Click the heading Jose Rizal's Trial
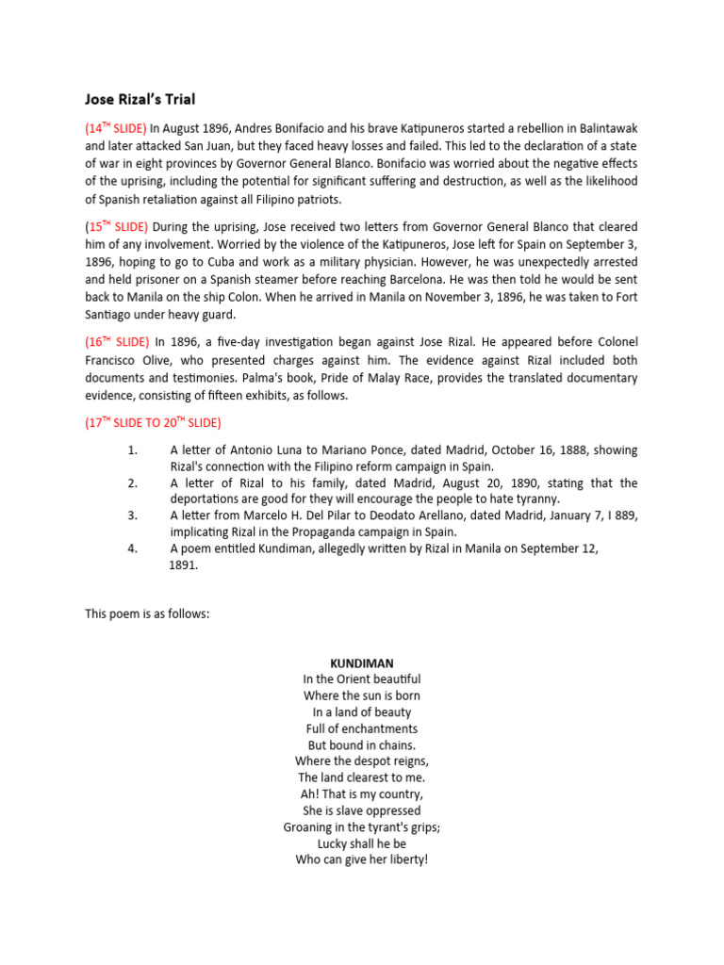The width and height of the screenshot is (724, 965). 140,99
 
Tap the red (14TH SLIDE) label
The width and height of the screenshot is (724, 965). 115,127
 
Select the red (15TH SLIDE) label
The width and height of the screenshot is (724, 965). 115,227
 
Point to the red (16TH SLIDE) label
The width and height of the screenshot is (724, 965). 116,344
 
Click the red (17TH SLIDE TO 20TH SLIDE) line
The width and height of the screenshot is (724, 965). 153,423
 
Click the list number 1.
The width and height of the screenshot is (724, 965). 133,450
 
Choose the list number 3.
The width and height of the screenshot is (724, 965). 133,515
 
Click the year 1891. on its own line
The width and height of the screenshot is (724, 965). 183,565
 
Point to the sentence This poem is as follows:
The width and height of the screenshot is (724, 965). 147,613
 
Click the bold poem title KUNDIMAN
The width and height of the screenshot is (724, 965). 362,663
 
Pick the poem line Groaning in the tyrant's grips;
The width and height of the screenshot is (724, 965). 362,827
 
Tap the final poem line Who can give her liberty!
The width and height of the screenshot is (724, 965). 362,860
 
